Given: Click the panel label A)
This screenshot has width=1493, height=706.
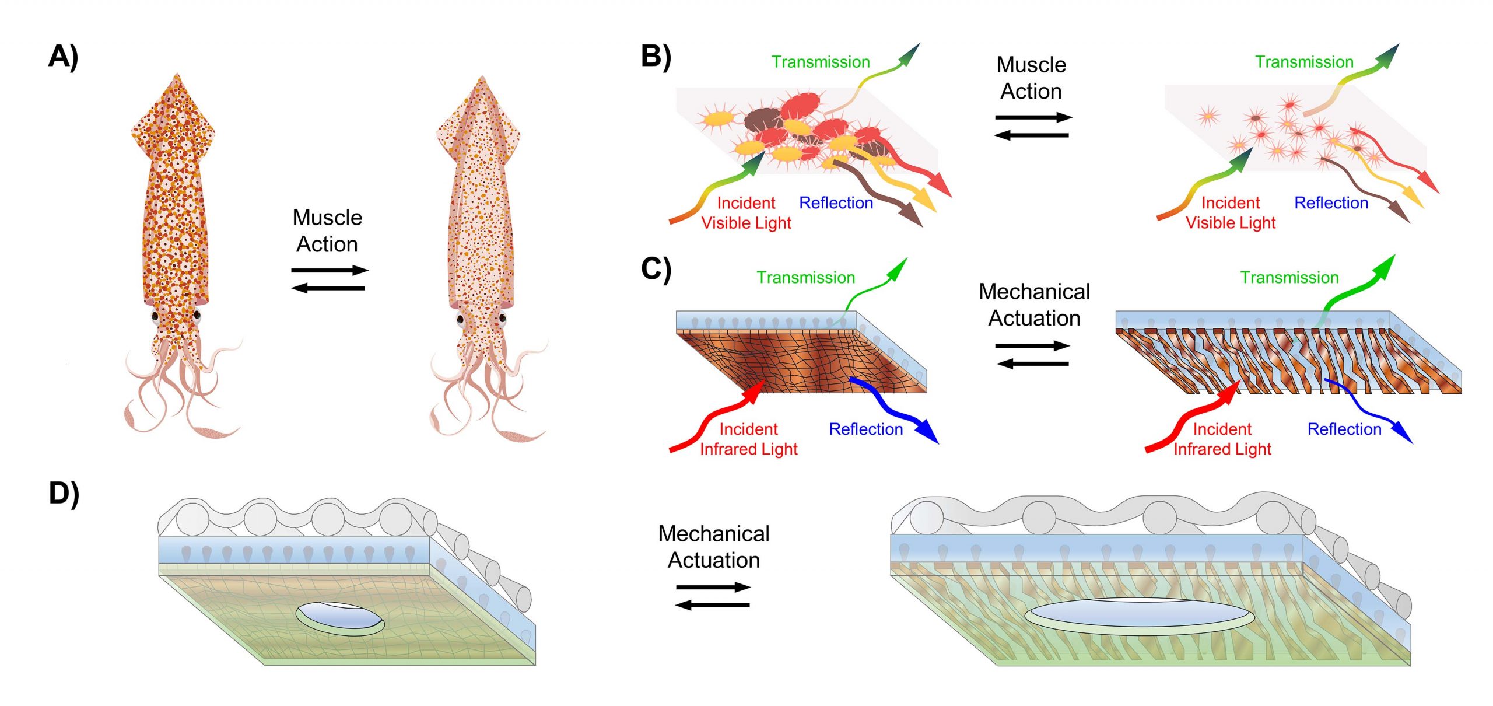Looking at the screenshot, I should coord(63,57).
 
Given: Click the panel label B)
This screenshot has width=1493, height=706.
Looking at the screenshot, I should coord(656,57).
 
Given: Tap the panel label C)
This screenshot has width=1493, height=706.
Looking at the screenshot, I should coord(656,270).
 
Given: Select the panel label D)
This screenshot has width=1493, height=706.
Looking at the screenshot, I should coord(64,494).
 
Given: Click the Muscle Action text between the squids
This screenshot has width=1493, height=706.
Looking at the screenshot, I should coord(327,231).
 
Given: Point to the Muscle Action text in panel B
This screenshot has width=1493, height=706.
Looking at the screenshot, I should coord(1031,78).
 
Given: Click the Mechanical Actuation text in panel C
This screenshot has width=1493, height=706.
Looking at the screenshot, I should coord(1034,305).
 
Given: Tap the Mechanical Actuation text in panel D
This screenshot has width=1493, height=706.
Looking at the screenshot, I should coord(714,547).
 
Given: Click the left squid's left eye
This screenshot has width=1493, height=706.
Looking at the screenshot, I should coord(156,317).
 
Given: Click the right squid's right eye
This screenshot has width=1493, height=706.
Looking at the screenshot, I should coord(502,319).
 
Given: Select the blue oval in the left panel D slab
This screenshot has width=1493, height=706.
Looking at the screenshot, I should coord(340,617).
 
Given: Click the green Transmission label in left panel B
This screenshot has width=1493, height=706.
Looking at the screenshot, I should coord(821,62).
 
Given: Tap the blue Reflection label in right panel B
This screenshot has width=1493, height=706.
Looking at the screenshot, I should coord(1331,203).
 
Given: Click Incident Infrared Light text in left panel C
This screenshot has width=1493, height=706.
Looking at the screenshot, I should coord(748,439).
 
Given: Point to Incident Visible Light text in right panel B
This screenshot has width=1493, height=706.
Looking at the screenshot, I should coord(1231,213).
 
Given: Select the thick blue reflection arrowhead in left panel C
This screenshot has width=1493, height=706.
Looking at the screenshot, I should coord(927,432).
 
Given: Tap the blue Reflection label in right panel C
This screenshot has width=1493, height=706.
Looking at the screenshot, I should coord(1344,429).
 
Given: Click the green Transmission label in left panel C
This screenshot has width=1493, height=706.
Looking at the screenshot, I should coord(806,278).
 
